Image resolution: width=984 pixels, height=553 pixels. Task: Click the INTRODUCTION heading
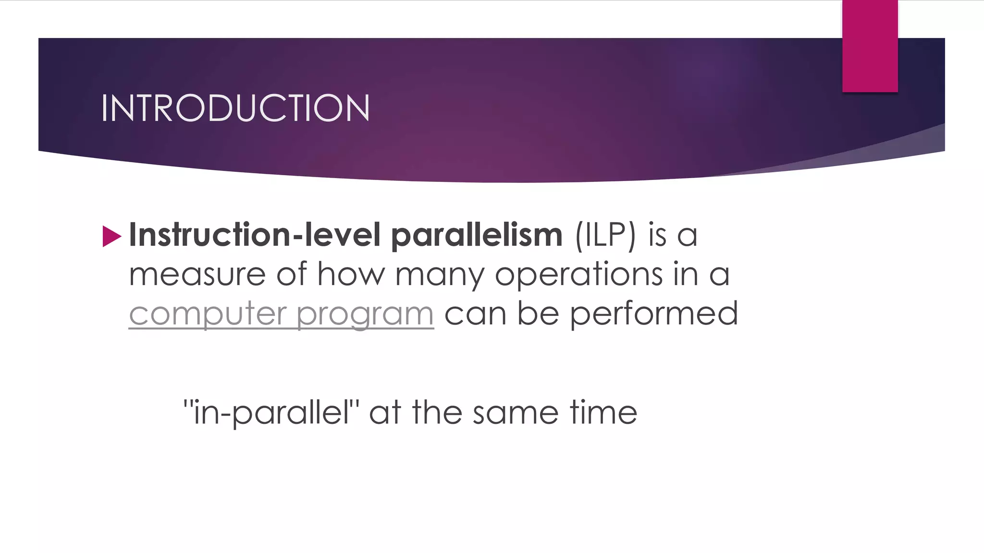pos(235,108)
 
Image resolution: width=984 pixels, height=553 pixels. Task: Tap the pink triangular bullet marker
pos(111,237)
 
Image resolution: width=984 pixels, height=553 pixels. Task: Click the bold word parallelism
pos(477,236)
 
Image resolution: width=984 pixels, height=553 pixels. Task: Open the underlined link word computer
pos(208,314)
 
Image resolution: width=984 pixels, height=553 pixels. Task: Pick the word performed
pos(654,314)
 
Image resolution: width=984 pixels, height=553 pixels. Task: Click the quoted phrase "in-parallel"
pos(271,413)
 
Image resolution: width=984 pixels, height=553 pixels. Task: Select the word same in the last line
pos(515,413)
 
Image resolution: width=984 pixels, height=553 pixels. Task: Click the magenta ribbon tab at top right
pos(870,46)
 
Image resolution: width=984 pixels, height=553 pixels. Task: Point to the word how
pos(351,275)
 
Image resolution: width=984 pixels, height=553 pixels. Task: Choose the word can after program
pos(475,314)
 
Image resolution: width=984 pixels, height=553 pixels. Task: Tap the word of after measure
pos(291,274)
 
